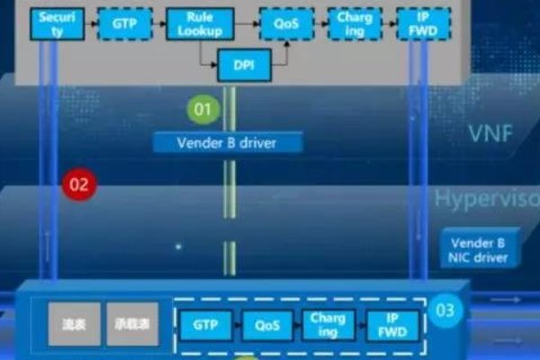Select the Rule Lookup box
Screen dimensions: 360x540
click(x=198, y=24)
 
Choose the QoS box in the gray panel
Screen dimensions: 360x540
click(x=280, y=24)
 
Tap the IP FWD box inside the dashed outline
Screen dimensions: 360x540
click(x=392, y=326)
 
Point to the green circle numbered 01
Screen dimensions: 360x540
click(x=202, y=111)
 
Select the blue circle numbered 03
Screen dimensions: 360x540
click(x=445, y=311)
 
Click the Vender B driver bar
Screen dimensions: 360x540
click(x=227, y=142)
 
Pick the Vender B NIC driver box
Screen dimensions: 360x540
click(x=484, y=249)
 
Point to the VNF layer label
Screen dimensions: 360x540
click(x=491, y=135)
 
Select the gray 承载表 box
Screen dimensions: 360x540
click(x=131, y=324)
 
